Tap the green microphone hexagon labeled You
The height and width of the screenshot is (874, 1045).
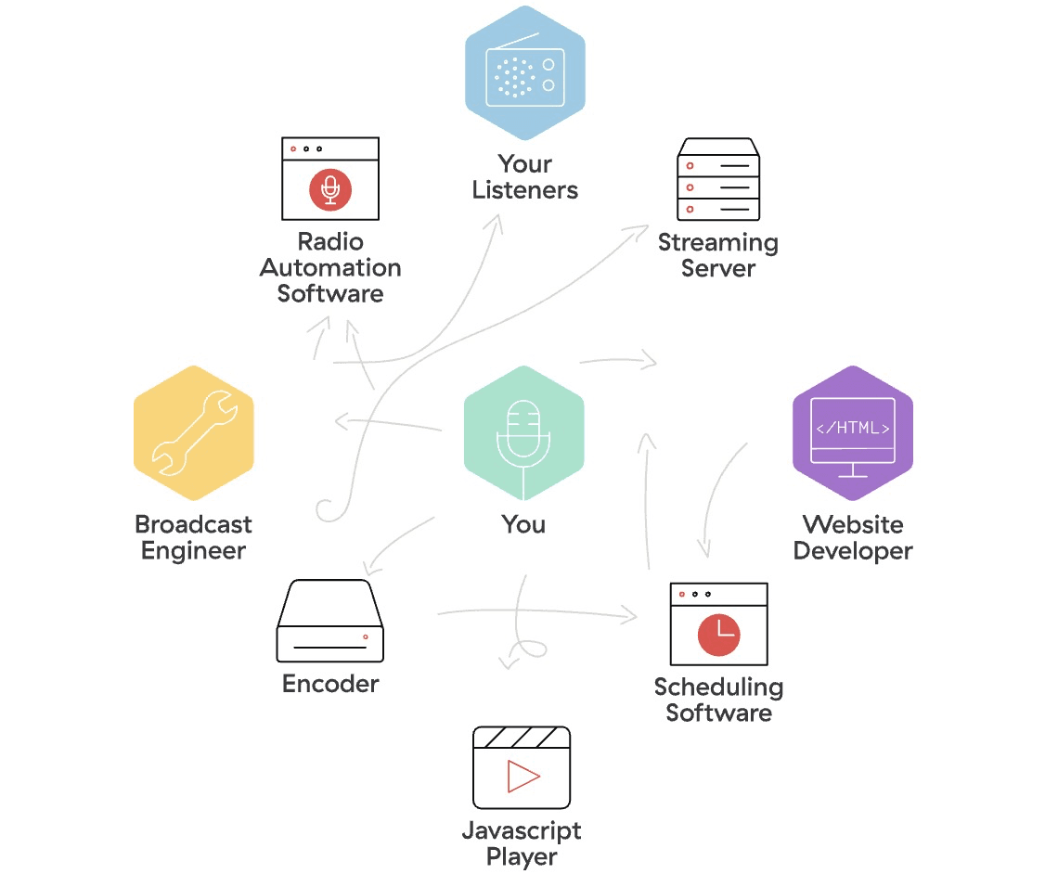pyautogui.click(x=524, y=433)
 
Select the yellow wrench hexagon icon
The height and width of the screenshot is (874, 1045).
pyautogui.click(x=193, y=433)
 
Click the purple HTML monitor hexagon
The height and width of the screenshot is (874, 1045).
pyautogui.click(x=853, y=433)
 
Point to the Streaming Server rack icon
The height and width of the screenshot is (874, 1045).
pyautogui.click(x=718, y=181)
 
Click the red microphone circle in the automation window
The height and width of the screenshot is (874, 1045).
pyautogui.click(x=330, y=189)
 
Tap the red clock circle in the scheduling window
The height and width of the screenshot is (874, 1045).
pyautogui.click(x=719, y=634)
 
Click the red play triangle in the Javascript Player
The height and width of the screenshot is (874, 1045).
pyautogui.click(x=522, y=776)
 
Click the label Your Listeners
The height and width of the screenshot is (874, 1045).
pyautogui.click(x=524, y=177)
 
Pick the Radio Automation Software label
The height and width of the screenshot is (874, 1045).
pyautogui.click(x=330, y=268)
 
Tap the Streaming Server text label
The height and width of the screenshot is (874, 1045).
pyautogui.click(x=718, y=256)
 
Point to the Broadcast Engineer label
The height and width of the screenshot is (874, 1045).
pyautogui.click(x=193, y=537)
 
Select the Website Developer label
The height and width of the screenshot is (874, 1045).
pyautogui.click(x=853, y=537)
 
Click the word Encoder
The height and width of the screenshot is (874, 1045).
pyautogui.click(x=330, y=685)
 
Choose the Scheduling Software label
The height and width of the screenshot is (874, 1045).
pyautogui.click(x=718, y=700)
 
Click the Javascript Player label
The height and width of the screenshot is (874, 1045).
pyautogui.click(x=522, y=843)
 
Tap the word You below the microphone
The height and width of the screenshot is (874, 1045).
pyautogui.click(x=523, y=524)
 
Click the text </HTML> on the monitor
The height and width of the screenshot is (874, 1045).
pyautogui.click(x=853, y=428)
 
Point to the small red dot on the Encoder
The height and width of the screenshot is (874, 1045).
pyautogui.click(x=366, y=636)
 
